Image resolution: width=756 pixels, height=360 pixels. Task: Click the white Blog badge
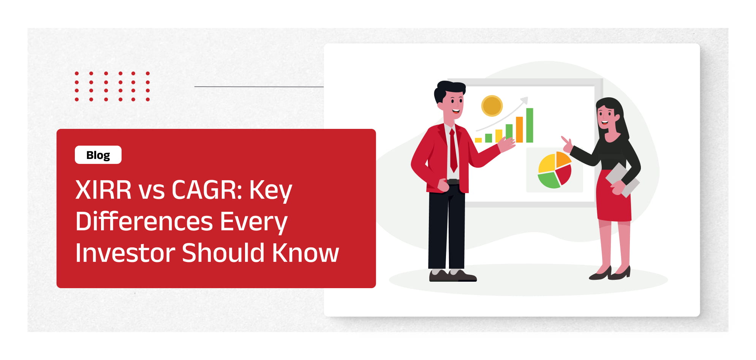pyautogui.click(x=98, y=155)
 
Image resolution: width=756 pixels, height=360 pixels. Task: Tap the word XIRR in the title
pyautogui.click(x=103, y=190)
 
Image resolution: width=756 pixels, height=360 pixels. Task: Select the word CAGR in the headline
pyautogui.click(x=207, y=190)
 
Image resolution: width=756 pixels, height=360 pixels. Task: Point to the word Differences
pyautogui.click(x=144, y=221)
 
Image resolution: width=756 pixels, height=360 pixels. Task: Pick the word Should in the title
pyautogui.click(x=223, y=253)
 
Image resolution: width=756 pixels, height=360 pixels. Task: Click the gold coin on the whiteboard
pyautogui.click(x=492, y=106)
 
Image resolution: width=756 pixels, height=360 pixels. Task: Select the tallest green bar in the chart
pyautogui.click(x=530, y=125)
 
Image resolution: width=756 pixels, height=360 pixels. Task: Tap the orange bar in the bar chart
pyautogui.click(x=519, y=130)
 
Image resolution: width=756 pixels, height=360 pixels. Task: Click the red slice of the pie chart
pyautogui.click(x=564, y=174)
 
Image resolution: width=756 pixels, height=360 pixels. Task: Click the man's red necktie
pyautogui.click(x=453, y=150)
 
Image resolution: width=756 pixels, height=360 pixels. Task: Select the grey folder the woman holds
pyautogui.click(x=622, y=180)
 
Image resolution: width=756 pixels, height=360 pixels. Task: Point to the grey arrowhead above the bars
pyautogui.click(x=524, y=100)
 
